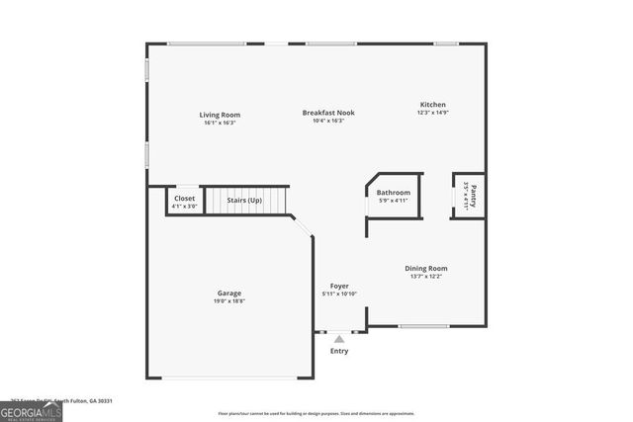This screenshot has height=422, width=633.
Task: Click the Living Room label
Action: click(x=221, y=115)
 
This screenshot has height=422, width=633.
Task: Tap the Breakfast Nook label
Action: click(x=327, y=113)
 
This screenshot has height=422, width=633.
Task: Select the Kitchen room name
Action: click(x=432, y=104)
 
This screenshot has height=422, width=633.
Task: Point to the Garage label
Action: click(x=229, y=293)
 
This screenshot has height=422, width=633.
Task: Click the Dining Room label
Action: click(x=425, y=268)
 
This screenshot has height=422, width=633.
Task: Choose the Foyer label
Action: click(x=339, y=286)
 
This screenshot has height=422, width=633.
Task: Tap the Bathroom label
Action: click(x=393, y=192)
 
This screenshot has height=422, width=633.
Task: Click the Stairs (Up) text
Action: click(x=244, y=200)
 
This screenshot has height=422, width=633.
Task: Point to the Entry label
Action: click(x=339, y=351)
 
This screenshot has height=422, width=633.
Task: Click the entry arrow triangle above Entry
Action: click(x=339, y=338)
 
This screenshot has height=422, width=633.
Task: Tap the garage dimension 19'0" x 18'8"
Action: click(x=229, y=301)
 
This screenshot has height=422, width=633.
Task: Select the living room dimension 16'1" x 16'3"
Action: click(x=221, y=123)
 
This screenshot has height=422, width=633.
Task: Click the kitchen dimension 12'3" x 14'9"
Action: click(x=432, y=113)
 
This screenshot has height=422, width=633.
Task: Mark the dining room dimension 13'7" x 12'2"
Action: click(x=425, y=277)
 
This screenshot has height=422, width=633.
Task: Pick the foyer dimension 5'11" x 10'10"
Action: click(x=339, y=294)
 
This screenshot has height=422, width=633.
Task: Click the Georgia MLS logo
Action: click(x=31, y=411)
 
